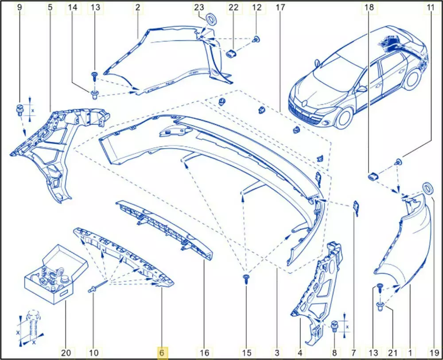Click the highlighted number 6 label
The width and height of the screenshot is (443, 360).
pyautogui.click(x=162, y=352)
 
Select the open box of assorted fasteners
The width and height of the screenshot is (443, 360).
pyautogui.click(x=56, y=274)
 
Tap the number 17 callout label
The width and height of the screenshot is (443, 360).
pyautogui.click(x=280, y=8)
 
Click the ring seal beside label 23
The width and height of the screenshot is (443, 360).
pyautogui.click(x=211, y=20)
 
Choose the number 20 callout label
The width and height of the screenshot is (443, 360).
pyautogui.click(x=66, y=352)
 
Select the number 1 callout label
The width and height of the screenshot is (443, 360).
pyautogui.click(x=410, y=352)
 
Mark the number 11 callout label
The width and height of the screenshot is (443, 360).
pyautogui.click(x=430, y=8)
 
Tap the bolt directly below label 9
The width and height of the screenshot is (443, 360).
pyautogui.click(x=19, y=109)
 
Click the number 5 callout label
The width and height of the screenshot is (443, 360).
pyautogui.click(x=50, y=8)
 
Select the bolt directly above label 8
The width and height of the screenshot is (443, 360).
pyautogui.click(x=334, y=325)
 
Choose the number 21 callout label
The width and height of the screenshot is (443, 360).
pyautogui.click(x=393, y=352)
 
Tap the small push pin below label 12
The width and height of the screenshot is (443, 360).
pyautogui.click(x=256, y=39)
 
